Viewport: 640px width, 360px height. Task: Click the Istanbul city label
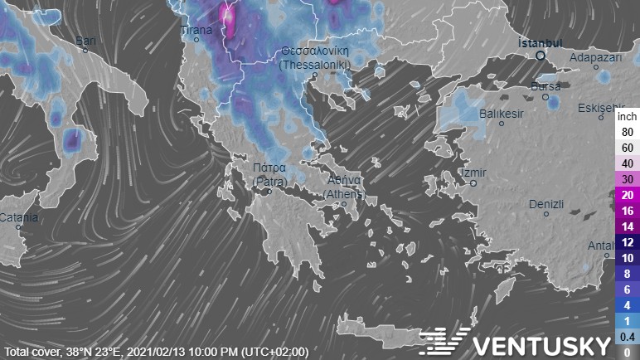point(540,42)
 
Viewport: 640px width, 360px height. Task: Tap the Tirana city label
point(196,30)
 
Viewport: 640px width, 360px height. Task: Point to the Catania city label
point(18,217)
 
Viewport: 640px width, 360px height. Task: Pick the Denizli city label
point(546,204)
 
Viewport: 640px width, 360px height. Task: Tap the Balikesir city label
point(502,113)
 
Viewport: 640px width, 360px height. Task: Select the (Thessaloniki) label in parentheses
point(316,64)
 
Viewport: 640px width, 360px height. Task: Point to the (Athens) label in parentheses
point(343,193)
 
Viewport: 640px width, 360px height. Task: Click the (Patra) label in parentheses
point(269,180)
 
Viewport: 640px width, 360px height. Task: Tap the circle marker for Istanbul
point(541,56)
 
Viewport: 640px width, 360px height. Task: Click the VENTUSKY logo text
point(542,341)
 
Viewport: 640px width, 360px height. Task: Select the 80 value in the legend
point(627,131)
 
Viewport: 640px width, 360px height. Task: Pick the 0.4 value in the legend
point(627,336)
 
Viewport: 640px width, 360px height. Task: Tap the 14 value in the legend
point(627,226)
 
